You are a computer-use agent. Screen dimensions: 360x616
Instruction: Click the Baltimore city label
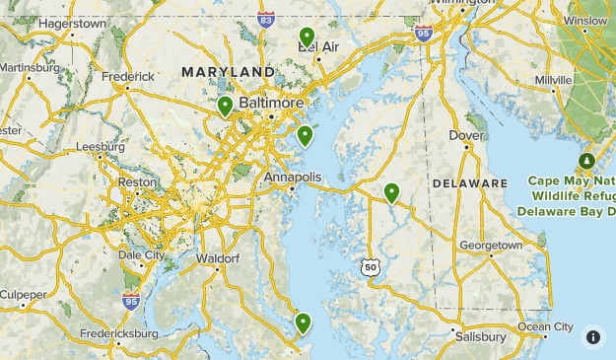click(271, 102)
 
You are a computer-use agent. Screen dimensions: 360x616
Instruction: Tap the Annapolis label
click(293, 178)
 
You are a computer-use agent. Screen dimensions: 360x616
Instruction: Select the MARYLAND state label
click(228, 72)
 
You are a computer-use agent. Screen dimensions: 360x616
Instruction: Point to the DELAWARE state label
click(470, 182)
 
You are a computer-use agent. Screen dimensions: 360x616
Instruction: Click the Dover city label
click(466, 135)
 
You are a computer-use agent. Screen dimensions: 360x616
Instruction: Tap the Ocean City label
click(545, 326)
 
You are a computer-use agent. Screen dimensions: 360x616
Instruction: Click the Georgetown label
click(490, 245)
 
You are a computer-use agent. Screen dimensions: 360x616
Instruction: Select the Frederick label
click(128, 76)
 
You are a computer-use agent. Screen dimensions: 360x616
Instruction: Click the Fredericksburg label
click(119, 333)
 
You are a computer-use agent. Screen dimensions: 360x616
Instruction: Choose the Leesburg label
click(101, 146)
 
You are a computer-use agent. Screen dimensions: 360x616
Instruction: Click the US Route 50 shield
click(370, 266)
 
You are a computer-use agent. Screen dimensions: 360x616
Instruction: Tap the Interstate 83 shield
click(266, 19)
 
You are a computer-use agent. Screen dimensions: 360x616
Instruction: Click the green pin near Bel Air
click(307, 37)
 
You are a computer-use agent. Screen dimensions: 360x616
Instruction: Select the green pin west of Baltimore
click(226, 106)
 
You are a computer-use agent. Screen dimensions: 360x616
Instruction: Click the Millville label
click(552, 80)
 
